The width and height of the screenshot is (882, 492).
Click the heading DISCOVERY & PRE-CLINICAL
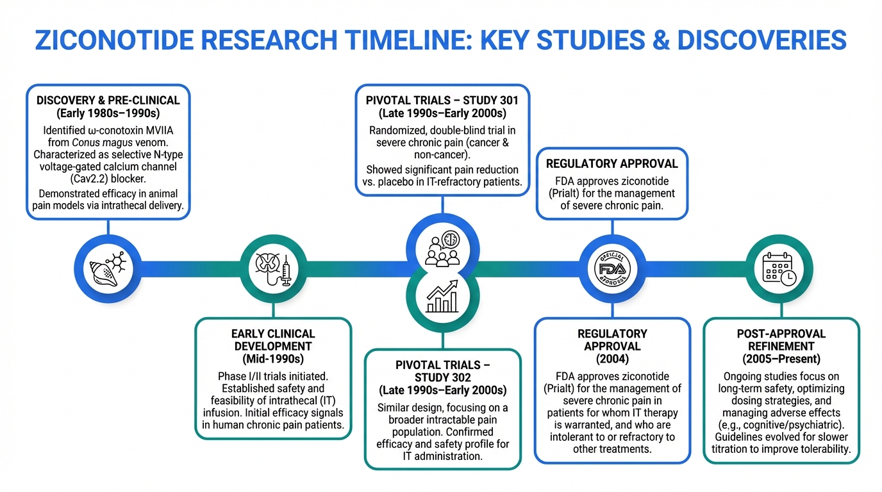[108, 101]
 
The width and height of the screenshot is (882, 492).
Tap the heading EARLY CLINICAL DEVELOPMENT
[273, 340]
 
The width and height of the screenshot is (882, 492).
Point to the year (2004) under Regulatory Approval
[612, 358]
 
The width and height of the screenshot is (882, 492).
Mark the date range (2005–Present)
[781, 359]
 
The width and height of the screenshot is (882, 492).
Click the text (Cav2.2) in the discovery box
[80, 179]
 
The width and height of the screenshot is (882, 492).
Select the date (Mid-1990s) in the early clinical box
[273, 358]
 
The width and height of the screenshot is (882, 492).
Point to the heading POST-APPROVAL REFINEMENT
[781, 340]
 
